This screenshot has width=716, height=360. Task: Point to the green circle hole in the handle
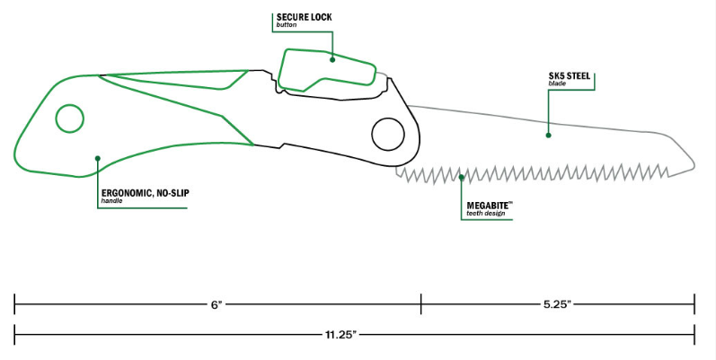[69, 119]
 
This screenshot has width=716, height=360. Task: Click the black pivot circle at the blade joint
[389, 134]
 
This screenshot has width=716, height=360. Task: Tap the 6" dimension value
[217, 305]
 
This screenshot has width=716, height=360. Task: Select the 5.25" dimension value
[557, 305]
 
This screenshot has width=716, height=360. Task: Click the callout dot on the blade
[547, 135]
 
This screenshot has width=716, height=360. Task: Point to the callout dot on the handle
[97, 158]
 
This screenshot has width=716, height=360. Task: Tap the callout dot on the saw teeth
[461, 177]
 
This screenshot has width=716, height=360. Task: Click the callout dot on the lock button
[332, 60]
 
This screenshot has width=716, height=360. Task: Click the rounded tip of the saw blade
[691, 161]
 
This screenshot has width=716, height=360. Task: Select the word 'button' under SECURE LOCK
[287, 25]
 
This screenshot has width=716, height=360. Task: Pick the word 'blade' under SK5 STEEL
[556, 84]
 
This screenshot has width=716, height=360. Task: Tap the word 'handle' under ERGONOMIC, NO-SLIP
[111, 200]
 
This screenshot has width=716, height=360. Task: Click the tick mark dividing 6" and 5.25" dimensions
[420, 305]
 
